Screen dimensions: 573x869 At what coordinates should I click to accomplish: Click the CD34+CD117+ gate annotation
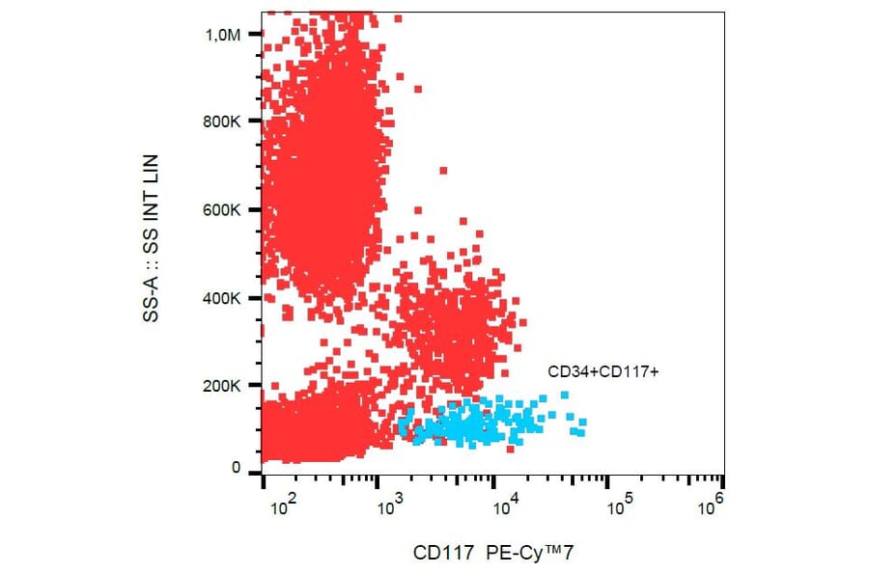pyautogui.click(x=603, y=371)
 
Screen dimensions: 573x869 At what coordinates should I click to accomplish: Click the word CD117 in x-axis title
pyautogui.click(x=442, y=554)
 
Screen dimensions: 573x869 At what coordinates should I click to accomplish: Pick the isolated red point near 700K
pyautogui.click(x=443, y=171)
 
